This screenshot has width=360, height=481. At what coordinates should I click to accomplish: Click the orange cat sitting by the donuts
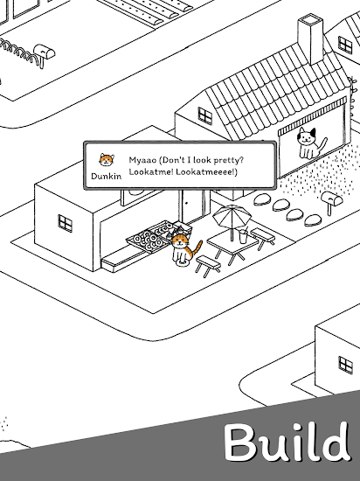[183, 250]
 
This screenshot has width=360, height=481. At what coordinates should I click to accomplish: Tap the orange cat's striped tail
[197, 248]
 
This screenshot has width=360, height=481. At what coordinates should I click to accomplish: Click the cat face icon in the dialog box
[107, 160]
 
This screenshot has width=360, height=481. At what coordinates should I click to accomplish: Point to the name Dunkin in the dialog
[107, 176]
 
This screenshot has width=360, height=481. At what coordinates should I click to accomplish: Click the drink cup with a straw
[243, 236]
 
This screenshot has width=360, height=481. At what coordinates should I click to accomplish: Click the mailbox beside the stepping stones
[331, 201]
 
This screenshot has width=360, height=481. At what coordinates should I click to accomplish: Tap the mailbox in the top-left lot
[44, 54]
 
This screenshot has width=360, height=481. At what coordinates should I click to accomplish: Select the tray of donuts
[150, 237]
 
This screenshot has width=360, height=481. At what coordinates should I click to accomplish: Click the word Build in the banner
[287, 442]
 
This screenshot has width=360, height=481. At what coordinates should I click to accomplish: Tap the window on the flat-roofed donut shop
[66, 223]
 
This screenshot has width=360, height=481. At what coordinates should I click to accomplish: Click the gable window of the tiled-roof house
[205, 116]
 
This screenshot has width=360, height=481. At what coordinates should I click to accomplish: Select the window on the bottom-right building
[346, 365]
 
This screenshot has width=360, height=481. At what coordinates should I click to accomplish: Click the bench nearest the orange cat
[208, 266]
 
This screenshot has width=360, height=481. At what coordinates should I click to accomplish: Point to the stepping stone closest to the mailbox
[313, 220]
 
